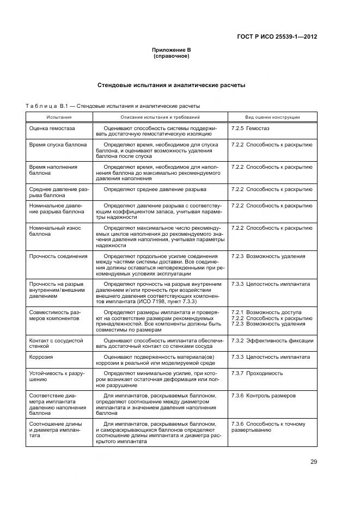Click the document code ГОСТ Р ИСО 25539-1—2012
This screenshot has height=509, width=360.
(277, 37)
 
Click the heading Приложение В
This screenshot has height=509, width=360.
(171, 50)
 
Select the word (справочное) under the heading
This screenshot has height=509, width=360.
(171, 56)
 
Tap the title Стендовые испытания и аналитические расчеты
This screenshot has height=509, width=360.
(171, 85)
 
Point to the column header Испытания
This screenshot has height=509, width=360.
(59, 117)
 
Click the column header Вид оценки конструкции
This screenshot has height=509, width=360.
(272, 117)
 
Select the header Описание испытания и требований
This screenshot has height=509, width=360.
(160, 117)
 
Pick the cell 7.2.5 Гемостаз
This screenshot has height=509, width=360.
(250, 128)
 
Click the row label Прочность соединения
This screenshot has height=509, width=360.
(58, 256)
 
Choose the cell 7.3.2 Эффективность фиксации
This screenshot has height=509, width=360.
(272, 340)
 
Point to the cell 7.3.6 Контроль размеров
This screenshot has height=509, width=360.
(263, 396)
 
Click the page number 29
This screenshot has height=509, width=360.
(314, 462)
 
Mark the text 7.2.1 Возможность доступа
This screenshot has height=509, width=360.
(266, 312)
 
